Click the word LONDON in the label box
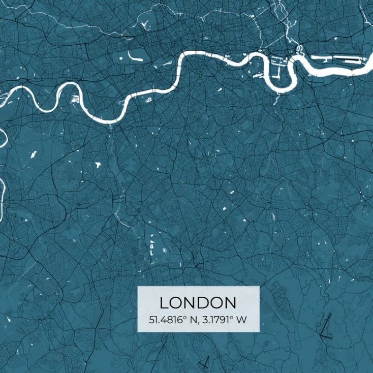(198, 303)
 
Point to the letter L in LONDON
(164, 303)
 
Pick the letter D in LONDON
(205, 303)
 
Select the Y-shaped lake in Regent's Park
(145, 23)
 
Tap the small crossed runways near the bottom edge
(205, 362)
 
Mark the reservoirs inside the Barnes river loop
(76, 100)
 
